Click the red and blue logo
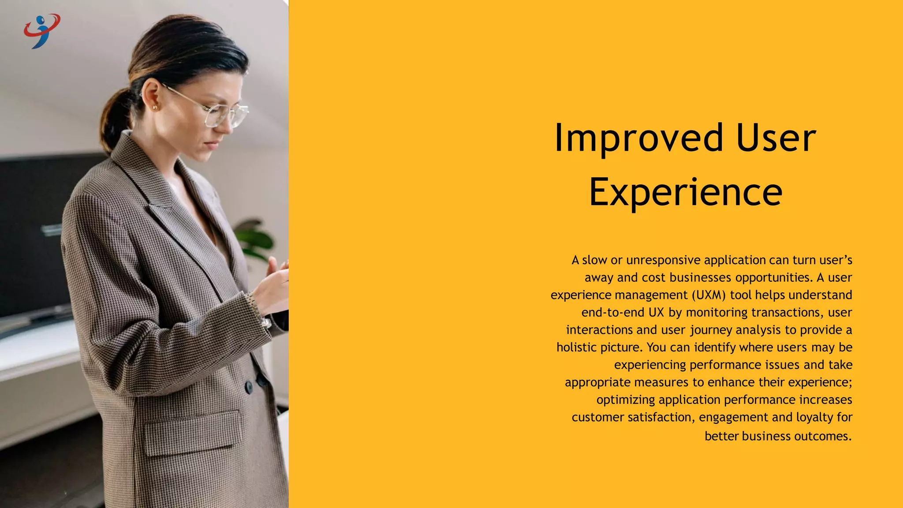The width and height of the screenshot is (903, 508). click(42, 30)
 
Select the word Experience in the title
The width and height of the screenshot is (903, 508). click(686, 192)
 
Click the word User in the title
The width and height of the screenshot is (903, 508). click(776, 138)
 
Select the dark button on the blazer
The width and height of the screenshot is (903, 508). click(249, 387)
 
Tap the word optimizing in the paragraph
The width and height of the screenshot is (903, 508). click(625, 400)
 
